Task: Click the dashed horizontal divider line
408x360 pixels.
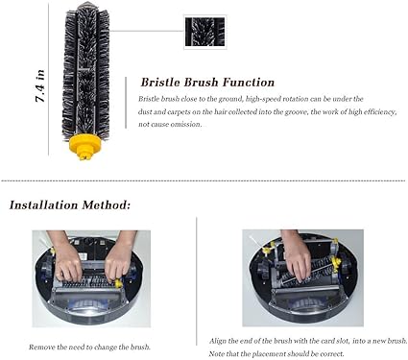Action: tap(204, 180)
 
